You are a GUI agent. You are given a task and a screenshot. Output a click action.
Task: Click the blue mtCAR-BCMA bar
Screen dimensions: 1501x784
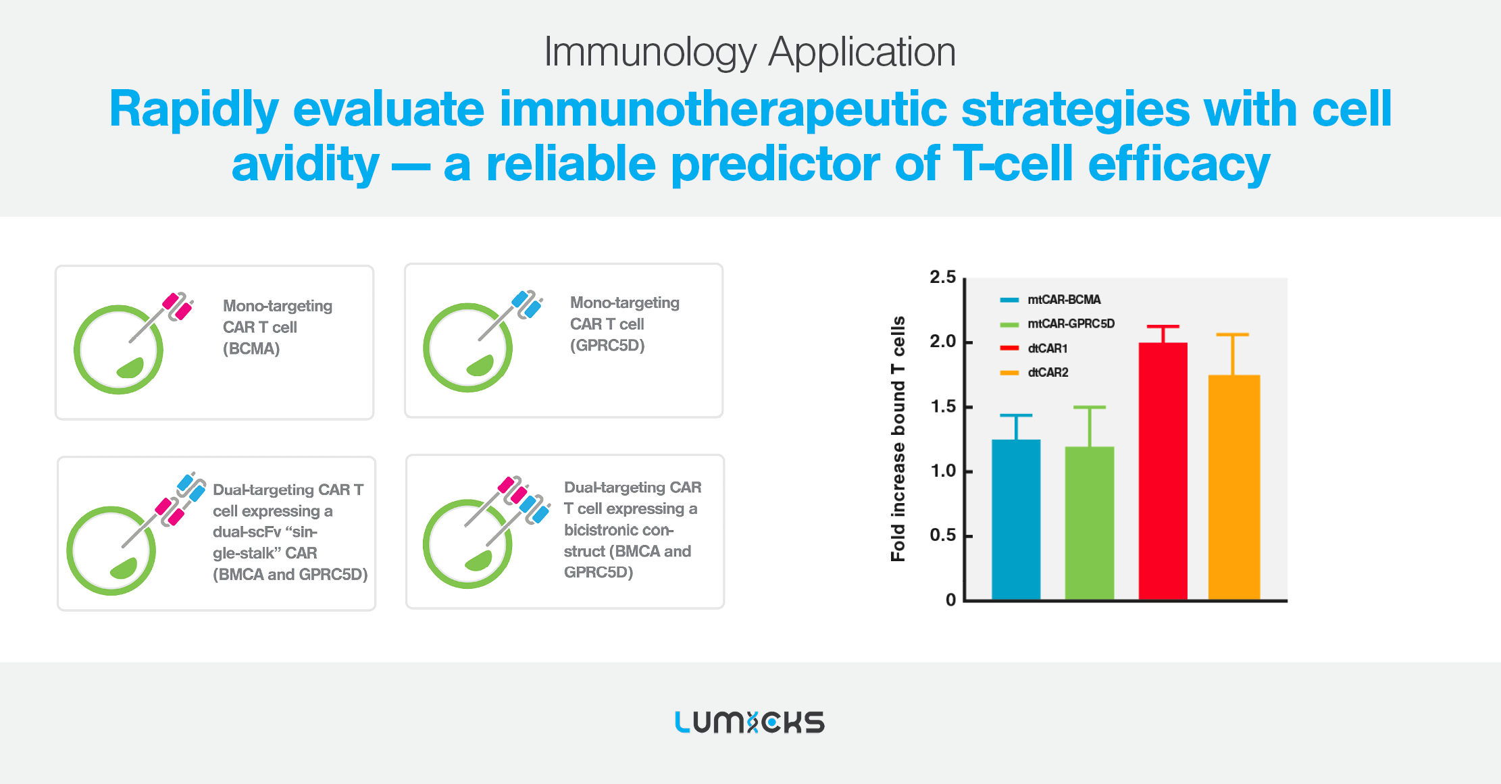pyautogui.click(x=1016, y=519)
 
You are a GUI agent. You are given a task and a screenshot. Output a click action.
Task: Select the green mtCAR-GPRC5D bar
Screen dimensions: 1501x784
pyautogui.click(x=1090, y=523)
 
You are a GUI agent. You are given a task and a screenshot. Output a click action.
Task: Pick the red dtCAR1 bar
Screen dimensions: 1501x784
pyautogui.click(x=1163, y=471)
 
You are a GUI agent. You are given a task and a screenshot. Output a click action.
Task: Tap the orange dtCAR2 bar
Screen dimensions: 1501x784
pyautogui.click(x=1234, y=487)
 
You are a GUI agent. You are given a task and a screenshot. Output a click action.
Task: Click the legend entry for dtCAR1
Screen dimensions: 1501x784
pyautogui.click(x=1034, y=348)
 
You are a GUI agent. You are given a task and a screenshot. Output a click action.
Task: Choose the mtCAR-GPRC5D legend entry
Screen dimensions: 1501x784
pyautogui.click(x=1057, y=324)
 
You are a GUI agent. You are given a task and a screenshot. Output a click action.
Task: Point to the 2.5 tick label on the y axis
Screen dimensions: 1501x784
pyautogui.click(x=942, y=277)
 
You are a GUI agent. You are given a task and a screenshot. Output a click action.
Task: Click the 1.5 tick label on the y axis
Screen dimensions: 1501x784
pyautogui.click(x=942, y=407)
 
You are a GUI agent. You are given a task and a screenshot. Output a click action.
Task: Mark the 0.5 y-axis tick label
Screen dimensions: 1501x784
pyautogui.click(x=942, y=535)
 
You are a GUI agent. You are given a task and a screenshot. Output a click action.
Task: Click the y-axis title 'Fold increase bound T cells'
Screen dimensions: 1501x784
pyautogui.click(x=898, y=439)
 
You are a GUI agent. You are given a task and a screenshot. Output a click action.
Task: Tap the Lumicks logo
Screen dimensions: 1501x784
pyautogui.click(x=750, y=722)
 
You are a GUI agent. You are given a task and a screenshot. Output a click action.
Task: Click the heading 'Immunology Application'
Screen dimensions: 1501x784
pyautogui.click(x=750, y=52)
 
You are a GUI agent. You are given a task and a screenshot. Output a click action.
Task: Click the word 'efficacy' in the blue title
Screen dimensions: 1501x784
pyautogui.click(x=1179, y=165)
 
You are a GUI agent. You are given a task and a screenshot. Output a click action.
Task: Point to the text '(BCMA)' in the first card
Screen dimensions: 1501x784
pyautogui.click(x=251, y=348)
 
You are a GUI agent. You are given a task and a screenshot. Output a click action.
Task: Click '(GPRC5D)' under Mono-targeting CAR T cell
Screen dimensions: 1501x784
pyautogui.click(x=607, y=346)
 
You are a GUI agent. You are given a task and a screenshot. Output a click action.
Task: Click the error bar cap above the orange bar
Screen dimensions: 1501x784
pyautogui.click(x=1233, y=334)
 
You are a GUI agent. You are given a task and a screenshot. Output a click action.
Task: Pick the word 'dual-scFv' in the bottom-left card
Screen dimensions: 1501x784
pyautogui.click(x=247, y=532)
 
